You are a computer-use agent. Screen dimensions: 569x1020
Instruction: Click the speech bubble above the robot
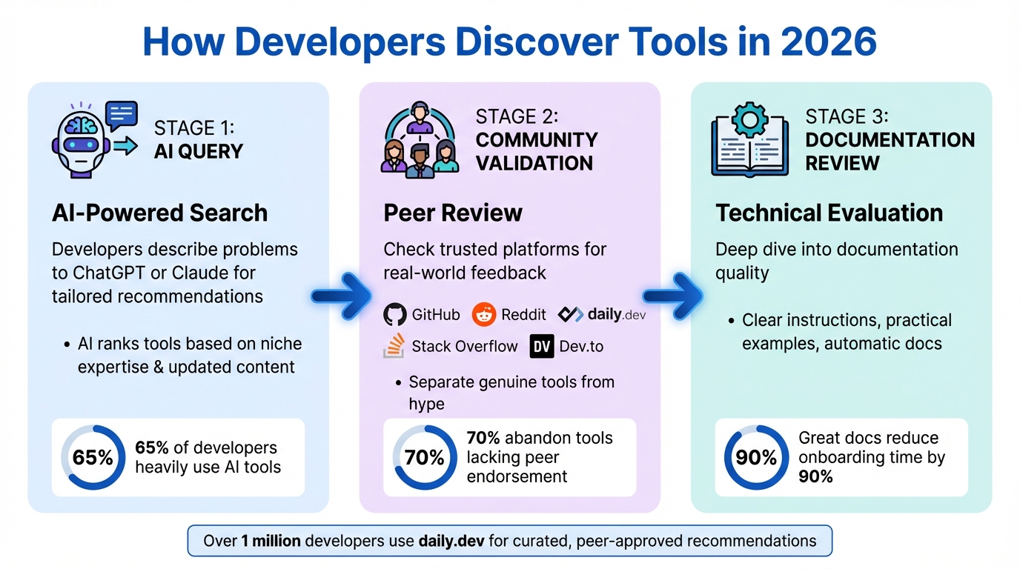(122, 113)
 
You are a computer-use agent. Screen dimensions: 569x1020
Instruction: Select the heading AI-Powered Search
(159, 213)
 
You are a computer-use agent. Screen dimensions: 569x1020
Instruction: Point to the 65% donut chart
(93, 458)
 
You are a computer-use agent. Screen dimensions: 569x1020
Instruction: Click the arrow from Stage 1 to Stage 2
(342, 296)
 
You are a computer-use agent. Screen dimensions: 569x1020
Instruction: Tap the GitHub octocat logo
(395, 315)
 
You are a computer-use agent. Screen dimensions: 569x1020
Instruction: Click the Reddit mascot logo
(484, 315)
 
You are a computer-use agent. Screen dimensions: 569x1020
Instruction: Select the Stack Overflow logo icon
(394, 346)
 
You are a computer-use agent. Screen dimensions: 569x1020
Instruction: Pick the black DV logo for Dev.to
(542, 346)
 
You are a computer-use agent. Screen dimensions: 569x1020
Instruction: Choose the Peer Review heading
(453, 213)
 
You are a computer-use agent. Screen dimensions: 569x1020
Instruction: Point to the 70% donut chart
(425, 458)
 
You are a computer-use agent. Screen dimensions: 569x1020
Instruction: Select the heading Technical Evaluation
(829, 213)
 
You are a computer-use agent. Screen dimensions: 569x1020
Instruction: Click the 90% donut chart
(756, 458)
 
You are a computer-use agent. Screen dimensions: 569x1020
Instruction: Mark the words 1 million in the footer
(271, 541)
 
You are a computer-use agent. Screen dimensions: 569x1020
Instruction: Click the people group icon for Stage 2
(420, 139)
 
